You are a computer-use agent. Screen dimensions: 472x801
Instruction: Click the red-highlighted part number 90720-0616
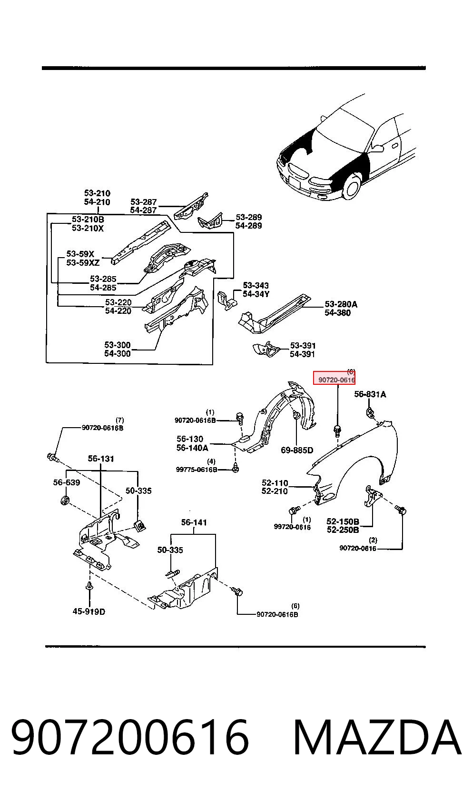pyautogui.click(x=336, y=380)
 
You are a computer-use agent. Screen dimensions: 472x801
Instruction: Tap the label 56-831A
pyautogui.click(x=370, y=394)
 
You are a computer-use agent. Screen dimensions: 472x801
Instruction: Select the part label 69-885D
pyautogui.click(x=296, y=450)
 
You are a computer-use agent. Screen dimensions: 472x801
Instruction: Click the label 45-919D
pyautogui.click(x=88, y=611)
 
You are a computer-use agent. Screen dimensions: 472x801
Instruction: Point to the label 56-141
pyautogui.click(x=194, y=522)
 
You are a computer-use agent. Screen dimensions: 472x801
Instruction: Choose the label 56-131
pyautogui.click(x=101, y=459)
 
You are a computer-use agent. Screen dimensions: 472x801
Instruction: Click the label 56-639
pyautogui.click(x=67, y=482)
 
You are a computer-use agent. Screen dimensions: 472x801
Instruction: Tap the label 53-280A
pyautogui.click(x=341, y=304)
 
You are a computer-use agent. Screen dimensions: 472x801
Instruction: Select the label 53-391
pyautogui.click(x=303, y=345)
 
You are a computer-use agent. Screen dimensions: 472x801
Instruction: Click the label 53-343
pyautogui.click(x=256, y=285)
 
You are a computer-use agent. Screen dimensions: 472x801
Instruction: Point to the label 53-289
pyautogui.click(x=249, y=217)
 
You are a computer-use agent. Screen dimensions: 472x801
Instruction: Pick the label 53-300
pyautogui.click(x=117, y=345)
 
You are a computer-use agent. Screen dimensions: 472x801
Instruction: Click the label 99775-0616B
pyautogui.click(x=197, y=470)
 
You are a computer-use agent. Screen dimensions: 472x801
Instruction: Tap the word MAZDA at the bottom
pyautogui.click(x=377, y=737)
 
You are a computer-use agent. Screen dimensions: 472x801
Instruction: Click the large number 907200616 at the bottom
pyautogui.click(x=130, y=737)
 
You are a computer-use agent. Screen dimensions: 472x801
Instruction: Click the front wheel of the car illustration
pyautogui.click(x=351, y=186)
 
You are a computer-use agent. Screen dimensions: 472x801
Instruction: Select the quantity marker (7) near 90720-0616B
pyautogui.click(x=120, y=420)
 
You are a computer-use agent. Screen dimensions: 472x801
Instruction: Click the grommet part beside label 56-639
pyautogui.click(x=65, y=500)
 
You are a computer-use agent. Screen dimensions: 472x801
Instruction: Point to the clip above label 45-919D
pyautogui.click(x=89, y=586)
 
